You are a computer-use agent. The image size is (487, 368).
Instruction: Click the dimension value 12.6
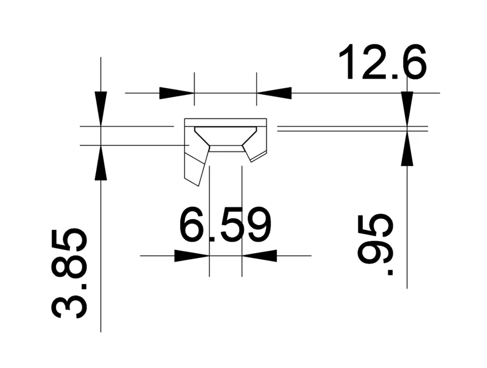click(383, 62)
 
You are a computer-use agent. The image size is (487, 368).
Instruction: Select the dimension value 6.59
click(225, 224)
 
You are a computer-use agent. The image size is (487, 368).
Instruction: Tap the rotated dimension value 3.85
click(69, 274)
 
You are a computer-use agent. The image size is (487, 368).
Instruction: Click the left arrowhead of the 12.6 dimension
click(177, 93)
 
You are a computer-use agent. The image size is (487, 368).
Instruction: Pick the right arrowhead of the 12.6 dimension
click(274, 93)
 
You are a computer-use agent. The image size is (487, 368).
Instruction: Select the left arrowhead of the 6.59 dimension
click(192, 255)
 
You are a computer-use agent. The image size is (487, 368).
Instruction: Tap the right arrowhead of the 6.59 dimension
click(259, 255)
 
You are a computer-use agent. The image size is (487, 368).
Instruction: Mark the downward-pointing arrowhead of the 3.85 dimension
click(100, 109)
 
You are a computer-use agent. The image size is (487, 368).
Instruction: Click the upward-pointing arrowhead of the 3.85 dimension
click(100, 162)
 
